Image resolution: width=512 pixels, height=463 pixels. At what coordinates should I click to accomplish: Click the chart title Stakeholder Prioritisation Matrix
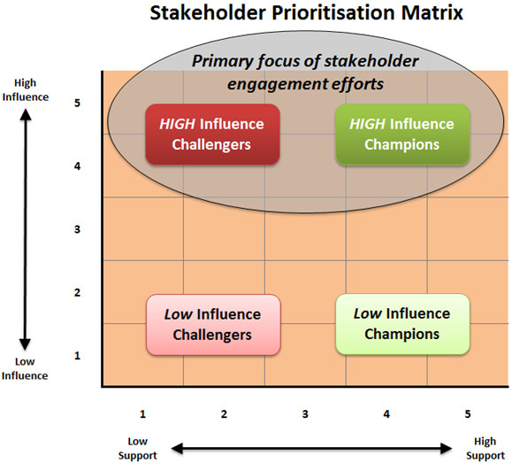306,13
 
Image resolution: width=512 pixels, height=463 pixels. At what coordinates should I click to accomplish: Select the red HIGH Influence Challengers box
212,134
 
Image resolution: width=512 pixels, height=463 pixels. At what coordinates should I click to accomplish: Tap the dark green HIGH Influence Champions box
402,134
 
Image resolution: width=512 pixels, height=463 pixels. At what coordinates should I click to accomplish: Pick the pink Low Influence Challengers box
213,325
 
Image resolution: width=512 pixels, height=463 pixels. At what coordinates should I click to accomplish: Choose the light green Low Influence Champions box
402,324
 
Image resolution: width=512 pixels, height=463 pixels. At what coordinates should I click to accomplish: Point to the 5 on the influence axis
77,103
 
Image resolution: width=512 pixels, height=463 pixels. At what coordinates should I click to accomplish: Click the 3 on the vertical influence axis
77,229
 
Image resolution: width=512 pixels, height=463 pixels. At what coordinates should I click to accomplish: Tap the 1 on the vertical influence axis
77,355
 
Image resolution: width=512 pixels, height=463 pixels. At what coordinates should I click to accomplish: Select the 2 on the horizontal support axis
224,414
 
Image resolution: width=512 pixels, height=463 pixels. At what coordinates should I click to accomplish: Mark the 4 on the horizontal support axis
386,414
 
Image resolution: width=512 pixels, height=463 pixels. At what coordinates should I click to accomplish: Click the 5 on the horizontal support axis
468,414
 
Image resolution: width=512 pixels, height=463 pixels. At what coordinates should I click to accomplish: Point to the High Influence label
26,90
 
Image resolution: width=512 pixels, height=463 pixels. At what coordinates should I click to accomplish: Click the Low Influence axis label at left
25,368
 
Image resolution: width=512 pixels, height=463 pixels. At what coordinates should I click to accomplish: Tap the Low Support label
137,448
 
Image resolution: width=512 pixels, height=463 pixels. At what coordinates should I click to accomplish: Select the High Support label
485,448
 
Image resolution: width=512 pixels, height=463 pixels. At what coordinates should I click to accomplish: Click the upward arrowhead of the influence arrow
26,113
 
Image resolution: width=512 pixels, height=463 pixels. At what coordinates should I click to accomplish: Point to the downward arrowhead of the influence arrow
25,345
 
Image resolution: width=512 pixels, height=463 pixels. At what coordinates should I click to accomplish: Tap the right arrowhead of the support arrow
447,448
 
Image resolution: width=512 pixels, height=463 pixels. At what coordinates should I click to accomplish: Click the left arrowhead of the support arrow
177,448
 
